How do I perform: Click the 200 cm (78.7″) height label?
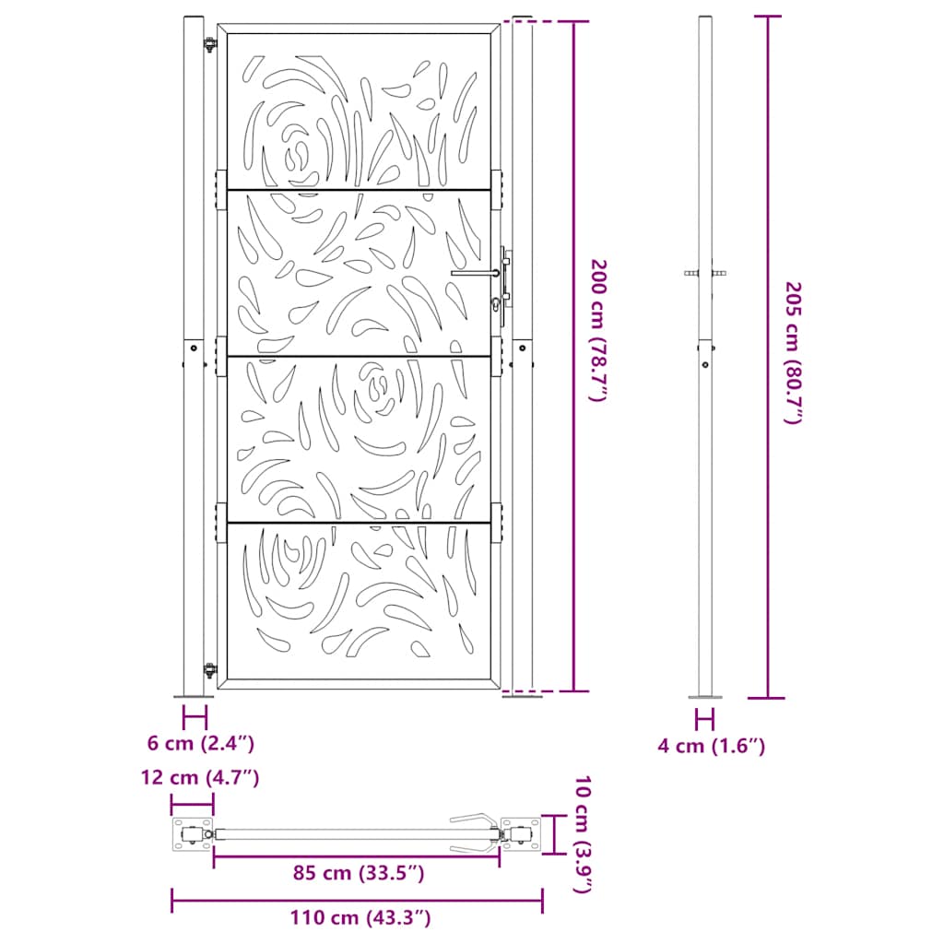pyautogui.click(x=600, y=330)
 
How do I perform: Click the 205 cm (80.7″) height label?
pyautogui.click(x=793, y=353)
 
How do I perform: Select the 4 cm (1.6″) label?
pyautogui.click(x=712, y=747)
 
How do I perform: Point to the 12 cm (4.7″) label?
pyautogui.click(x=200, y=778)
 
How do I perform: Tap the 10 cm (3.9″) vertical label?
pyautogui.click(x=581, y=835)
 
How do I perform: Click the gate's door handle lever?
pyautogui.click(x=475, y=273)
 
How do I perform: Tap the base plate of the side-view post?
pyautogui.click(x=705, y=697)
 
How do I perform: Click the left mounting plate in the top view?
pyautogui.click(x=192, y=835)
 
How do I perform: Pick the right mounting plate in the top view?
pyautogui.click(x=523, y=835)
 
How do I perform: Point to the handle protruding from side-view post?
pyautogui.click(x=704, y=273)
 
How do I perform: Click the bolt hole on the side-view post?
pyautogui.click(x=705, y=364)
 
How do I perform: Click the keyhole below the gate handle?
pyautogui.click(x=498, y=305)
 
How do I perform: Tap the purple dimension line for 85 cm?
pyautogui.click(x=357, y=855)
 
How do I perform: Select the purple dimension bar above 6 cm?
pyautogui.click(x=194, y=716)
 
